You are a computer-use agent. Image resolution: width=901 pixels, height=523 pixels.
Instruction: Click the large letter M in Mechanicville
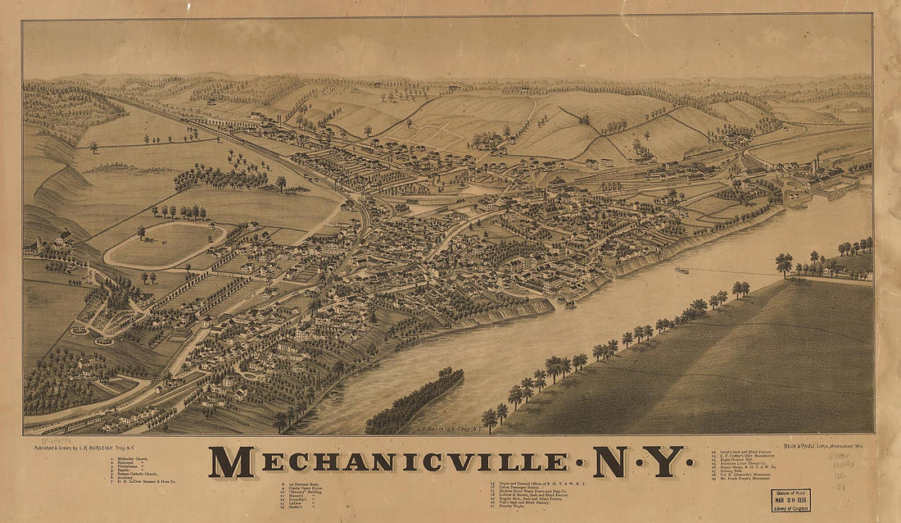coord(231,463)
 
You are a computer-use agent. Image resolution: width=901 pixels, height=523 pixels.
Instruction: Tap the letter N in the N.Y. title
coord(610,463)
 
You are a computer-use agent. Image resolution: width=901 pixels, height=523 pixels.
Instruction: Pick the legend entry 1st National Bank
coord(299,486)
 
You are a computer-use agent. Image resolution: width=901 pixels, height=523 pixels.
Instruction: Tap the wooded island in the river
coord(414,402)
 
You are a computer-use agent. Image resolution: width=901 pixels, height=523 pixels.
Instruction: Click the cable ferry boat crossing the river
coord(681,270)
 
